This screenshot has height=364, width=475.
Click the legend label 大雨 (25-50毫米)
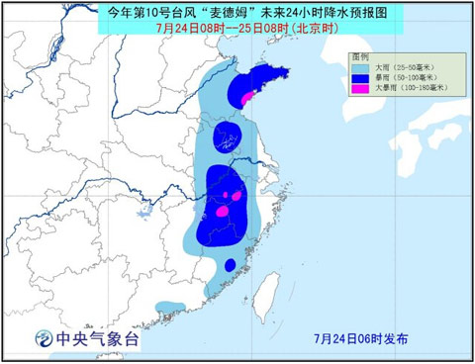click(x=404, y=67)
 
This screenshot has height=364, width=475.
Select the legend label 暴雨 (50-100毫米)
click(x=406, y=77)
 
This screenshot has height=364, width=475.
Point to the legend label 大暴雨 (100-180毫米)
click(x=411, y=88)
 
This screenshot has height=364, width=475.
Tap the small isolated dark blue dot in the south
click(x=230, y=264)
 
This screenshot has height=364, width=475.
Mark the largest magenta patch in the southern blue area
click(x=223, y=211)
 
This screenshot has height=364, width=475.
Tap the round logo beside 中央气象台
click(x=44, y=339)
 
